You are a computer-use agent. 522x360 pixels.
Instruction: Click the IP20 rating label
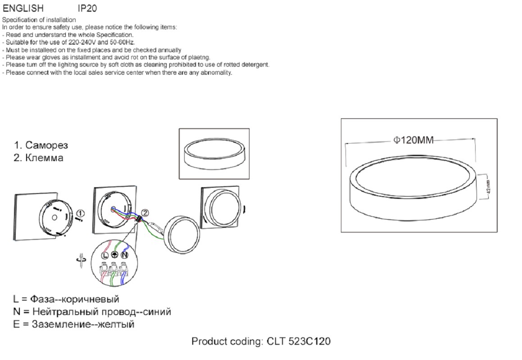87,8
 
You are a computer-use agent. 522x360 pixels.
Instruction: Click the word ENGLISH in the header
23,8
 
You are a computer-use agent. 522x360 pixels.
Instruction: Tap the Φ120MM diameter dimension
413,140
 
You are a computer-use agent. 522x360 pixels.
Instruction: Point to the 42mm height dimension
488,187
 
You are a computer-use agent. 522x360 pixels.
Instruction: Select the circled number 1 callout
80,213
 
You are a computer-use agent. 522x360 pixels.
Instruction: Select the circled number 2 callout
145,213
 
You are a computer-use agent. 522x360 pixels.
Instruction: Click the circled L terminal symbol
105,255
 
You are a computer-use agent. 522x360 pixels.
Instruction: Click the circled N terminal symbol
124,255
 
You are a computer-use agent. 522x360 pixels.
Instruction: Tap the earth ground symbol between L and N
114,255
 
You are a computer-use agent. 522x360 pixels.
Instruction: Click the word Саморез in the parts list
46,145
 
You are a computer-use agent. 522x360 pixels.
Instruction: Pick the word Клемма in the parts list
44,157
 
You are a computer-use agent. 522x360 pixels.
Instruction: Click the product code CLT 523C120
299,341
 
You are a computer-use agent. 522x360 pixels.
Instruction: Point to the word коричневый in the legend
91,299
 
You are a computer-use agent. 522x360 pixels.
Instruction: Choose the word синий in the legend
159,312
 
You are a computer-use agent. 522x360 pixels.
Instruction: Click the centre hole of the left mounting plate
54,218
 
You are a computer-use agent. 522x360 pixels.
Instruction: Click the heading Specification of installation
39,20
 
